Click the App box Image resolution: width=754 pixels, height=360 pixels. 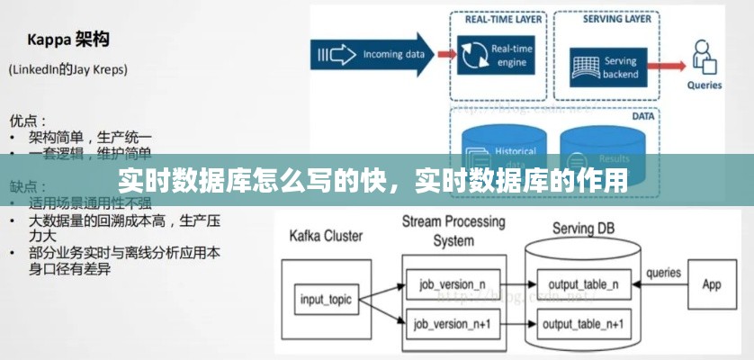[x=711, y=284]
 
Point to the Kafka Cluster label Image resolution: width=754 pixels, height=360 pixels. [x=326, y=237]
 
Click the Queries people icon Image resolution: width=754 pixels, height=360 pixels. [x=705, y=58]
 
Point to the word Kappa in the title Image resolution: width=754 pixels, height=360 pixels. [x=49, y=40]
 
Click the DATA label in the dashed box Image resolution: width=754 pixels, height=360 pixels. [x=642, y=116]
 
